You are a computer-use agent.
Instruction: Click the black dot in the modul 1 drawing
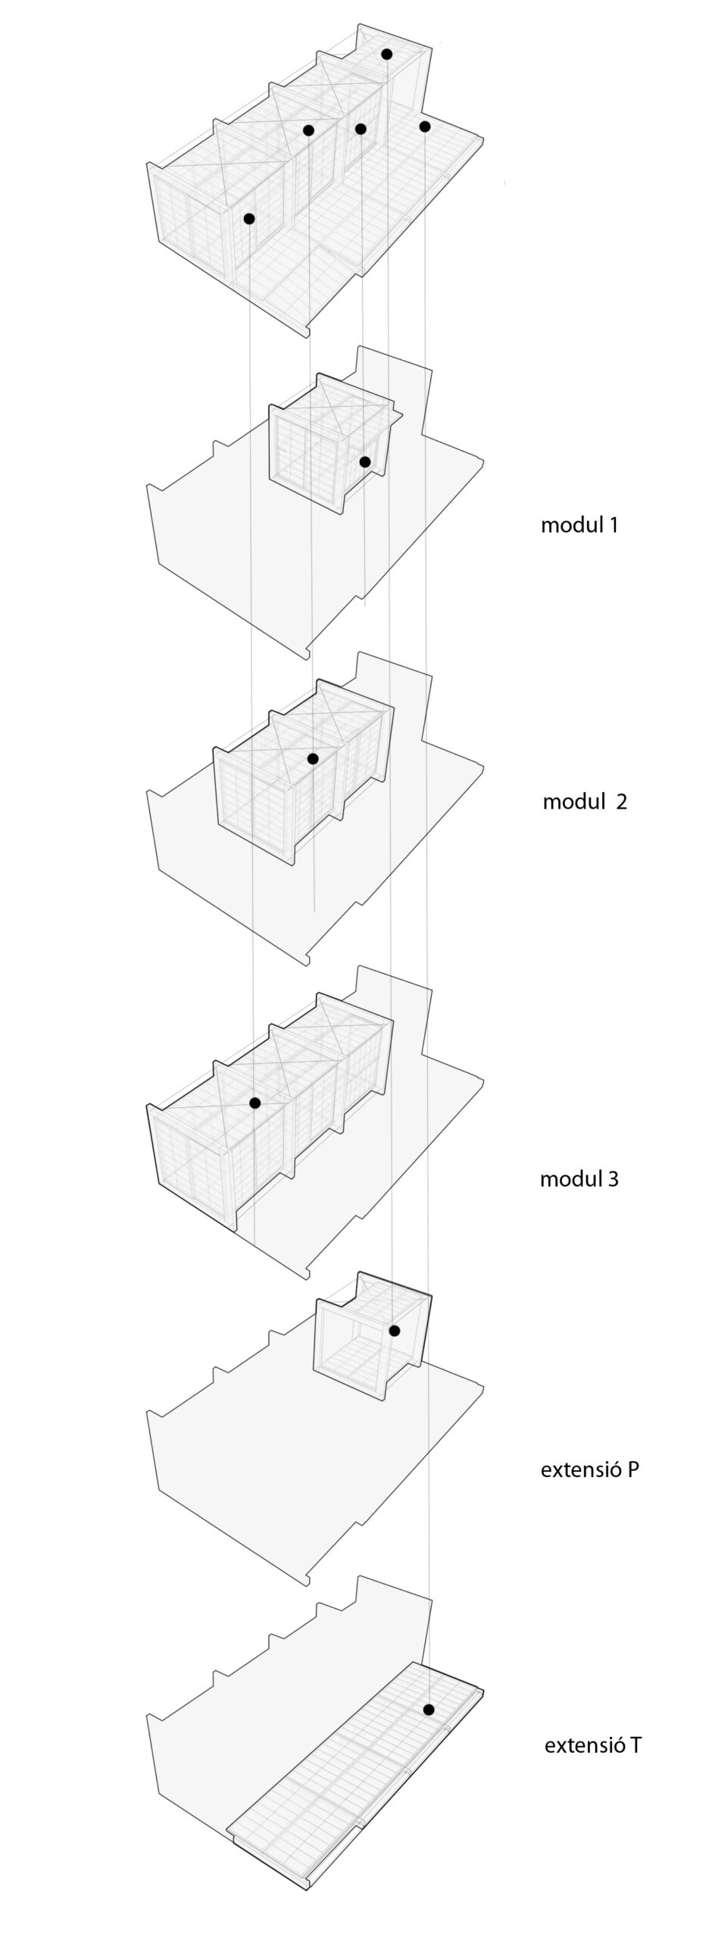[x=364, y=462]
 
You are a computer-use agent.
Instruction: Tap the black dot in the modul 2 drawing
[x=313, y=758]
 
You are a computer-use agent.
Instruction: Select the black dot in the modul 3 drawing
[x=255, y=1103]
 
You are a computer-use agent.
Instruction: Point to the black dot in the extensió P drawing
[x=394, y=1331]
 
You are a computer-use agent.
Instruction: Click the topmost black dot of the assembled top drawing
[x=386, y=54]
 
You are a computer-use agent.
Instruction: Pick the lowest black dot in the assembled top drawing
[x=249, y=218]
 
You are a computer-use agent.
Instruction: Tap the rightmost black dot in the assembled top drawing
[x=424, y=126]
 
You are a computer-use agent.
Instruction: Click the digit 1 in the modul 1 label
[x=612, y=524]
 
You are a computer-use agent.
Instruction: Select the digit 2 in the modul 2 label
[x=621, y=802]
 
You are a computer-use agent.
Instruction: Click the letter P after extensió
[x=632, y=1469]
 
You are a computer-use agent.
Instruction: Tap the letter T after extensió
[x=635, y=1745]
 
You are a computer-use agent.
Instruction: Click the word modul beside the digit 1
[x=571, y=524]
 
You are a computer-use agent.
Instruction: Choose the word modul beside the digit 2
[x=573, y=802]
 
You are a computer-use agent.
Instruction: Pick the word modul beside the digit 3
[x=570, y=1178]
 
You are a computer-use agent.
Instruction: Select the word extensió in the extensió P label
[x=581, y=1469]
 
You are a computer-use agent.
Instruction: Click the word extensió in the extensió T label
[x=585, y=1745]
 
